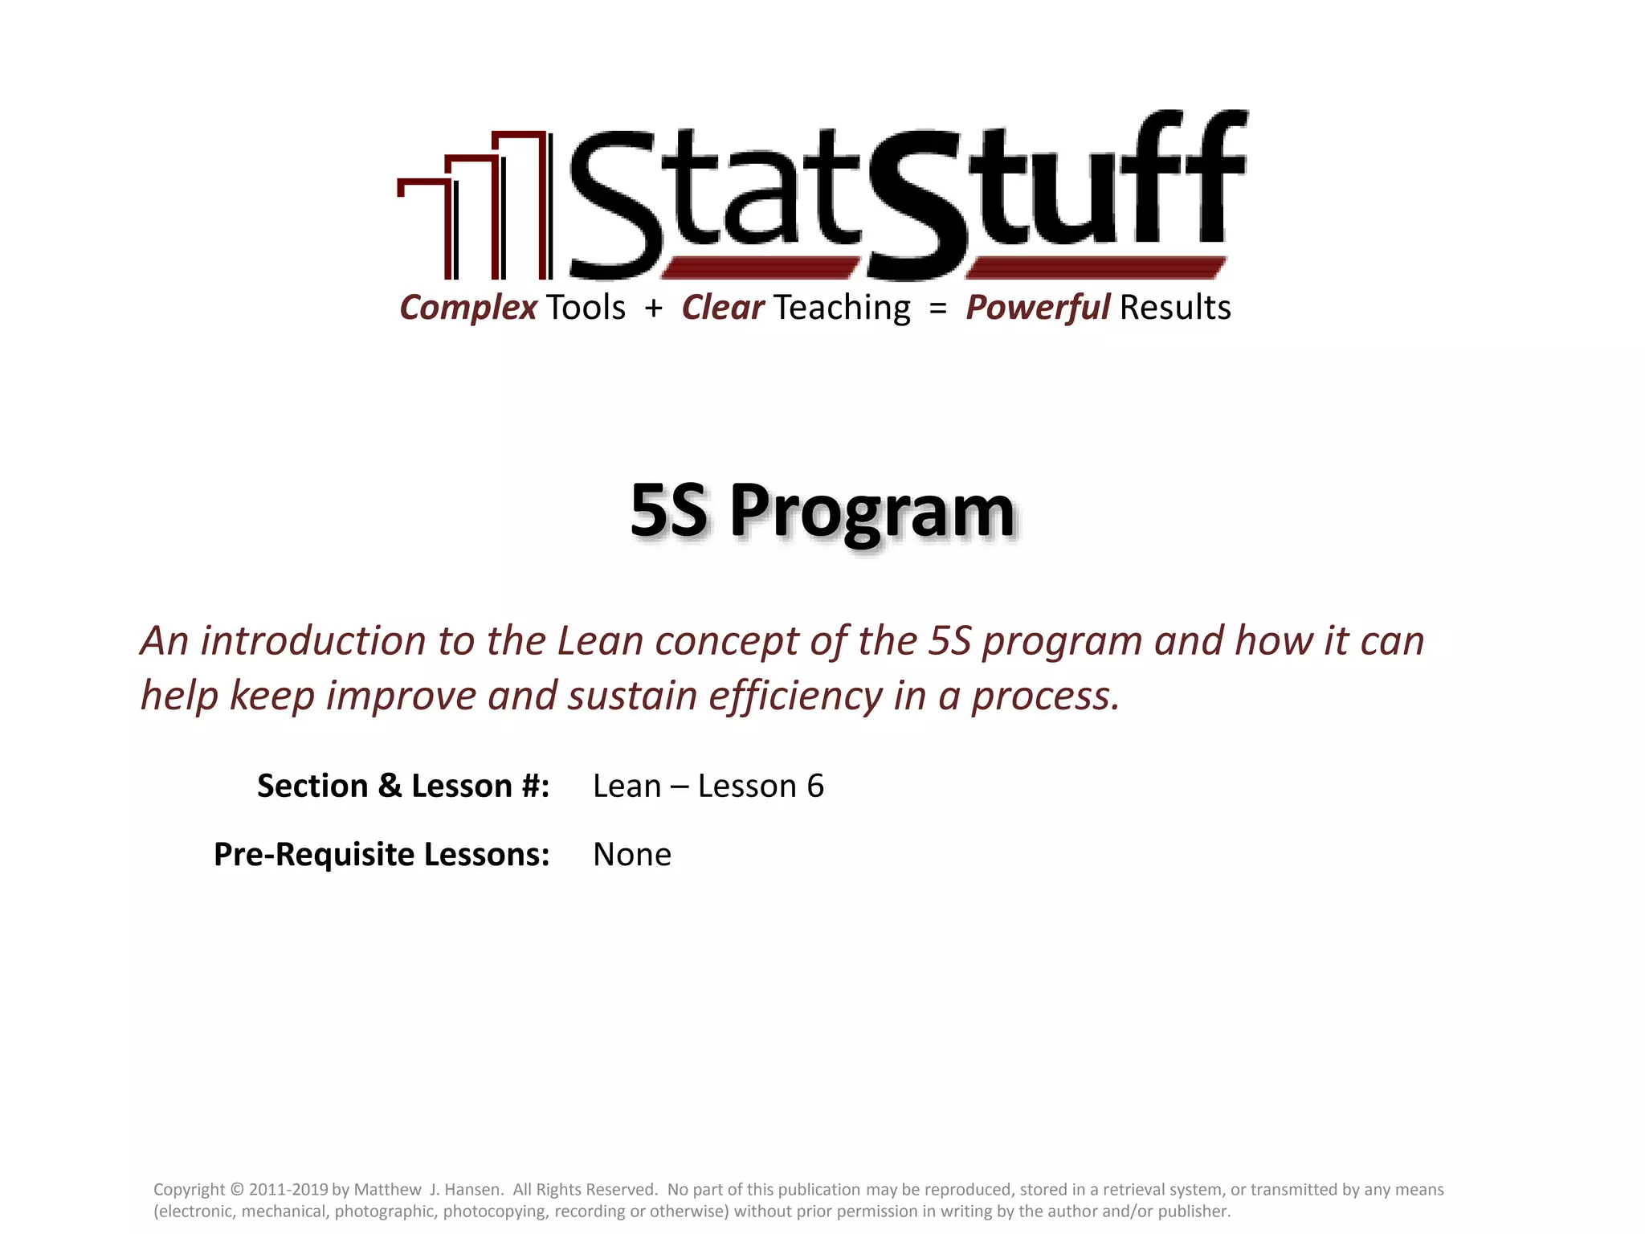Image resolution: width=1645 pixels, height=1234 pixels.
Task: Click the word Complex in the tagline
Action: click(x=468, y=308)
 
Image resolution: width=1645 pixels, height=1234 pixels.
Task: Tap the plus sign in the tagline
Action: click(x=653, y=308)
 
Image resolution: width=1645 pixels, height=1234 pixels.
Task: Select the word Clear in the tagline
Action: click(x=722, y=308)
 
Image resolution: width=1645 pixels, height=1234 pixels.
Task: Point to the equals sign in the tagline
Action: click(x=937, y=308)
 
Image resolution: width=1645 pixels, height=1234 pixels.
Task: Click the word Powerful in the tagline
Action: click(x=1037, y=308)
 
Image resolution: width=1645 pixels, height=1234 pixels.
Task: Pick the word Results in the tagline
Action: click(x=1175, y=308)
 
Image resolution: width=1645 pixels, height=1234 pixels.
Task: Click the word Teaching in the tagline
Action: click(x=842, y=308)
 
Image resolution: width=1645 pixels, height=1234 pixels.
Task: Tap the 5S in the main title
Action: click(x=668, y=511)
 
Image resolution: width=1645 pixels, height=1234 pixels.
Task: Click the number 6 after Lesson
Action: click(x=814, y=787)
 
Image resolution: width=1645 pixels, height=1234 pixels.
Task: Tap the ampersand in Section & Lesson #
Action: click(x=390, y=787)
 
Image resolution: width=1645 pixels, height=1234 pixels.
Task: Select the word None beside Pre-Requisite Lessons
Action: click(x=631, y=855)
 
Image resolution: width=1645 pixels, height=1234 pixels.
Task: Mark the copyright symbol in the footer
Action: click(x=236, y=1190)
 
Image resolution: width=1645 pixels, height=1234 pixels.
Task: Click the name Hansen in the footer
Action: click(x=472, y=1190)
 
